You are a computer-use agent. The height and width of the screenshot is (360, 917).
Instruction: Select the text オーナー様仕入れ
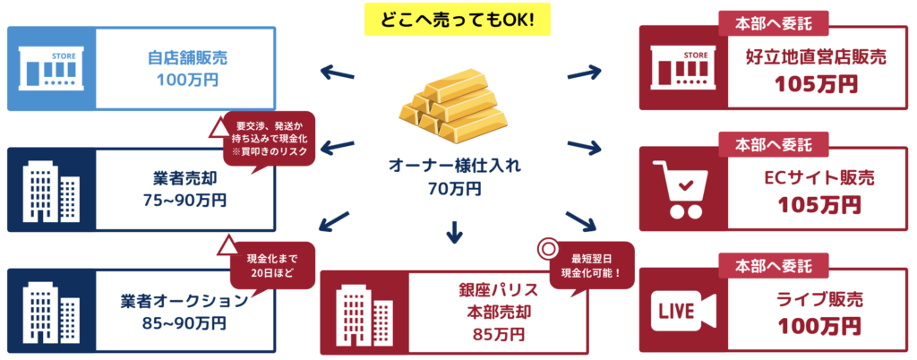click(x=453, y=166)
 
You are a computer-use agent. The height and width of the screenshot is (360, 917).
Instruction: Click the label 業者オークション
click(x=184, y=300)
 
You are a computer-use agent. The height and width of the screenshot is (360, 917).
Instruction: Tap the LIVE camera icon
click(x=685, y=311)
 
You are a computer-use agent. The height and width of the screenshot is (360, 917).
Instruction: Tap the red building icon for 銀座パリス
click(x=364, y=311)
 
